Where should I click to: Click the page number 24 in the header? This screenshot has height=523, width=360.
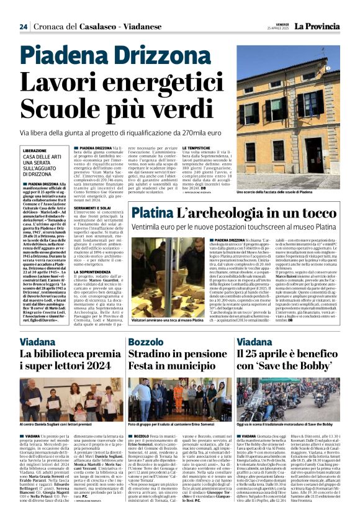click(x=23, y=27)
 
